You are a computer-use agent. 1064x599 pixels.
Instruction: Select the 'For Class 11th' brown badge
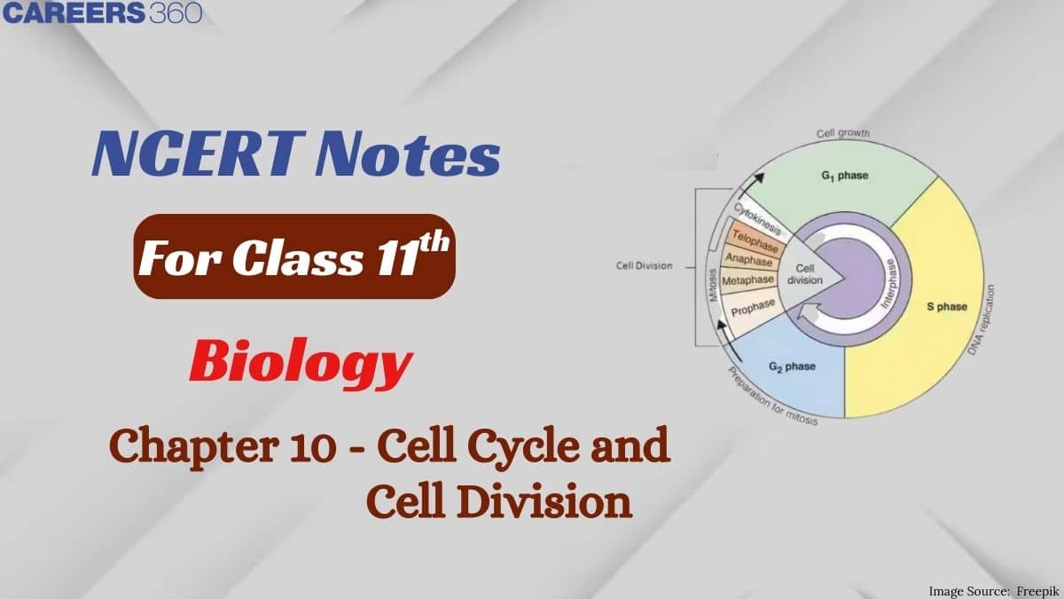pos(294,256)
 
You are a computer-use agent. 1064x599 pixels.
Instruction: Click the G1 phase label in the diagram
pos(843,176)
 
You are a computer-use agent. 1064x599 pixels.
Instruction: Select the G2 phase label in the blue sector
pos(792,366)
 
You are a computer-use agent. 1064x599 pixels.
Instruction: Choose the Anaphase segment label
pos(750,259)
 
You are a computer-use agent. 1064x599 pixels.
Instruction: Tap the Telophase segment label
pos(753,240)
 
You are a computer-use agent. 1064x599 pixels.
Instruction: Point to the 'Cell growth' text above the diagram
pos(842,134)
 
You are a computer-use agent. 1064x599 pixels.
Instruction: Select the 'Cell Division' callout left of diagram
pos(645,265)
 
